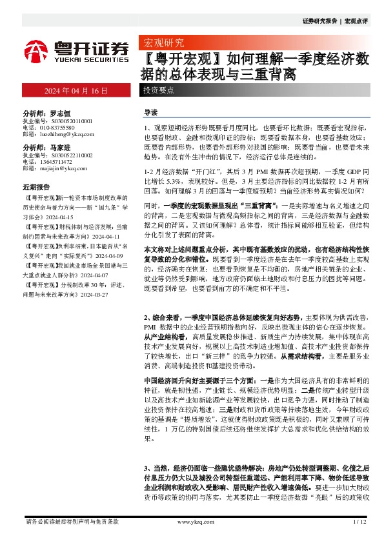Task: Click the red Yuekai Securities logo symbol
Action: [x=36, y=50]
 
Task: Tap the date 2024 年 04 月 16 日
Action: [x=76, y=91]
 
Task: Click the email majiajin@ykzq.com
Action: [x=63, y=168]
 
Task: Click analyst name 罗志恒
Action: [x=61, y=112]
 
